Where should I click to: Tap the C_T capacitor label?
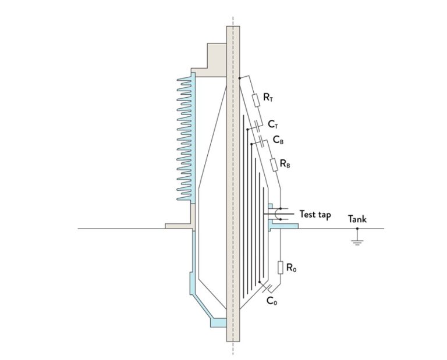pyautogui.click(x=274, y=124)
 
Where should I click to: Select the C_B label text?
pyautogui.click(x=278, y=140)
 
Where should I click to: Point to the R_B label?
pyautogui.click(x=285, y=165)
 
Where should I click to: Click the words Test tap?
pyautogui.click(x=315, y=215)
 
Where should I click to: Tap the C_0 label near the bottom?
pyautogui.click(x=271, y=301)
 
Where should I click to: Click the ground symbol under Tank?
pyautogui.click(x=357, y=238)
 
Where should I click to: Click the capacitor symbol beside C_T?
pyautogui.click(x=257, y=126)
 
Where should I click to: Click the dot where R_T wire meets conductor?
pyautogui.click(x=240, y=77)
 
